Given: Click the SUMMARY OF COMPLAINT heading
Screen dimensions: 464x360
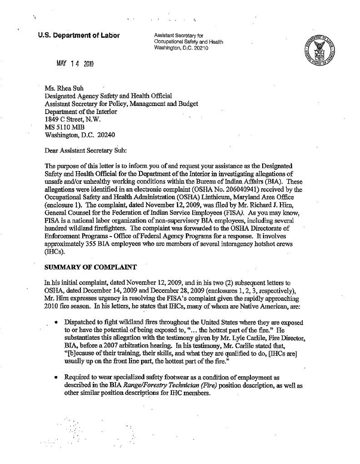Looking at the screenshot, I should tap(86, 265).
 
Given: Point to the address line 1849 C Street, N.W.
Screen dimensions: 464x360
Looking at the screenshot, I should tap(75, 119).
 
